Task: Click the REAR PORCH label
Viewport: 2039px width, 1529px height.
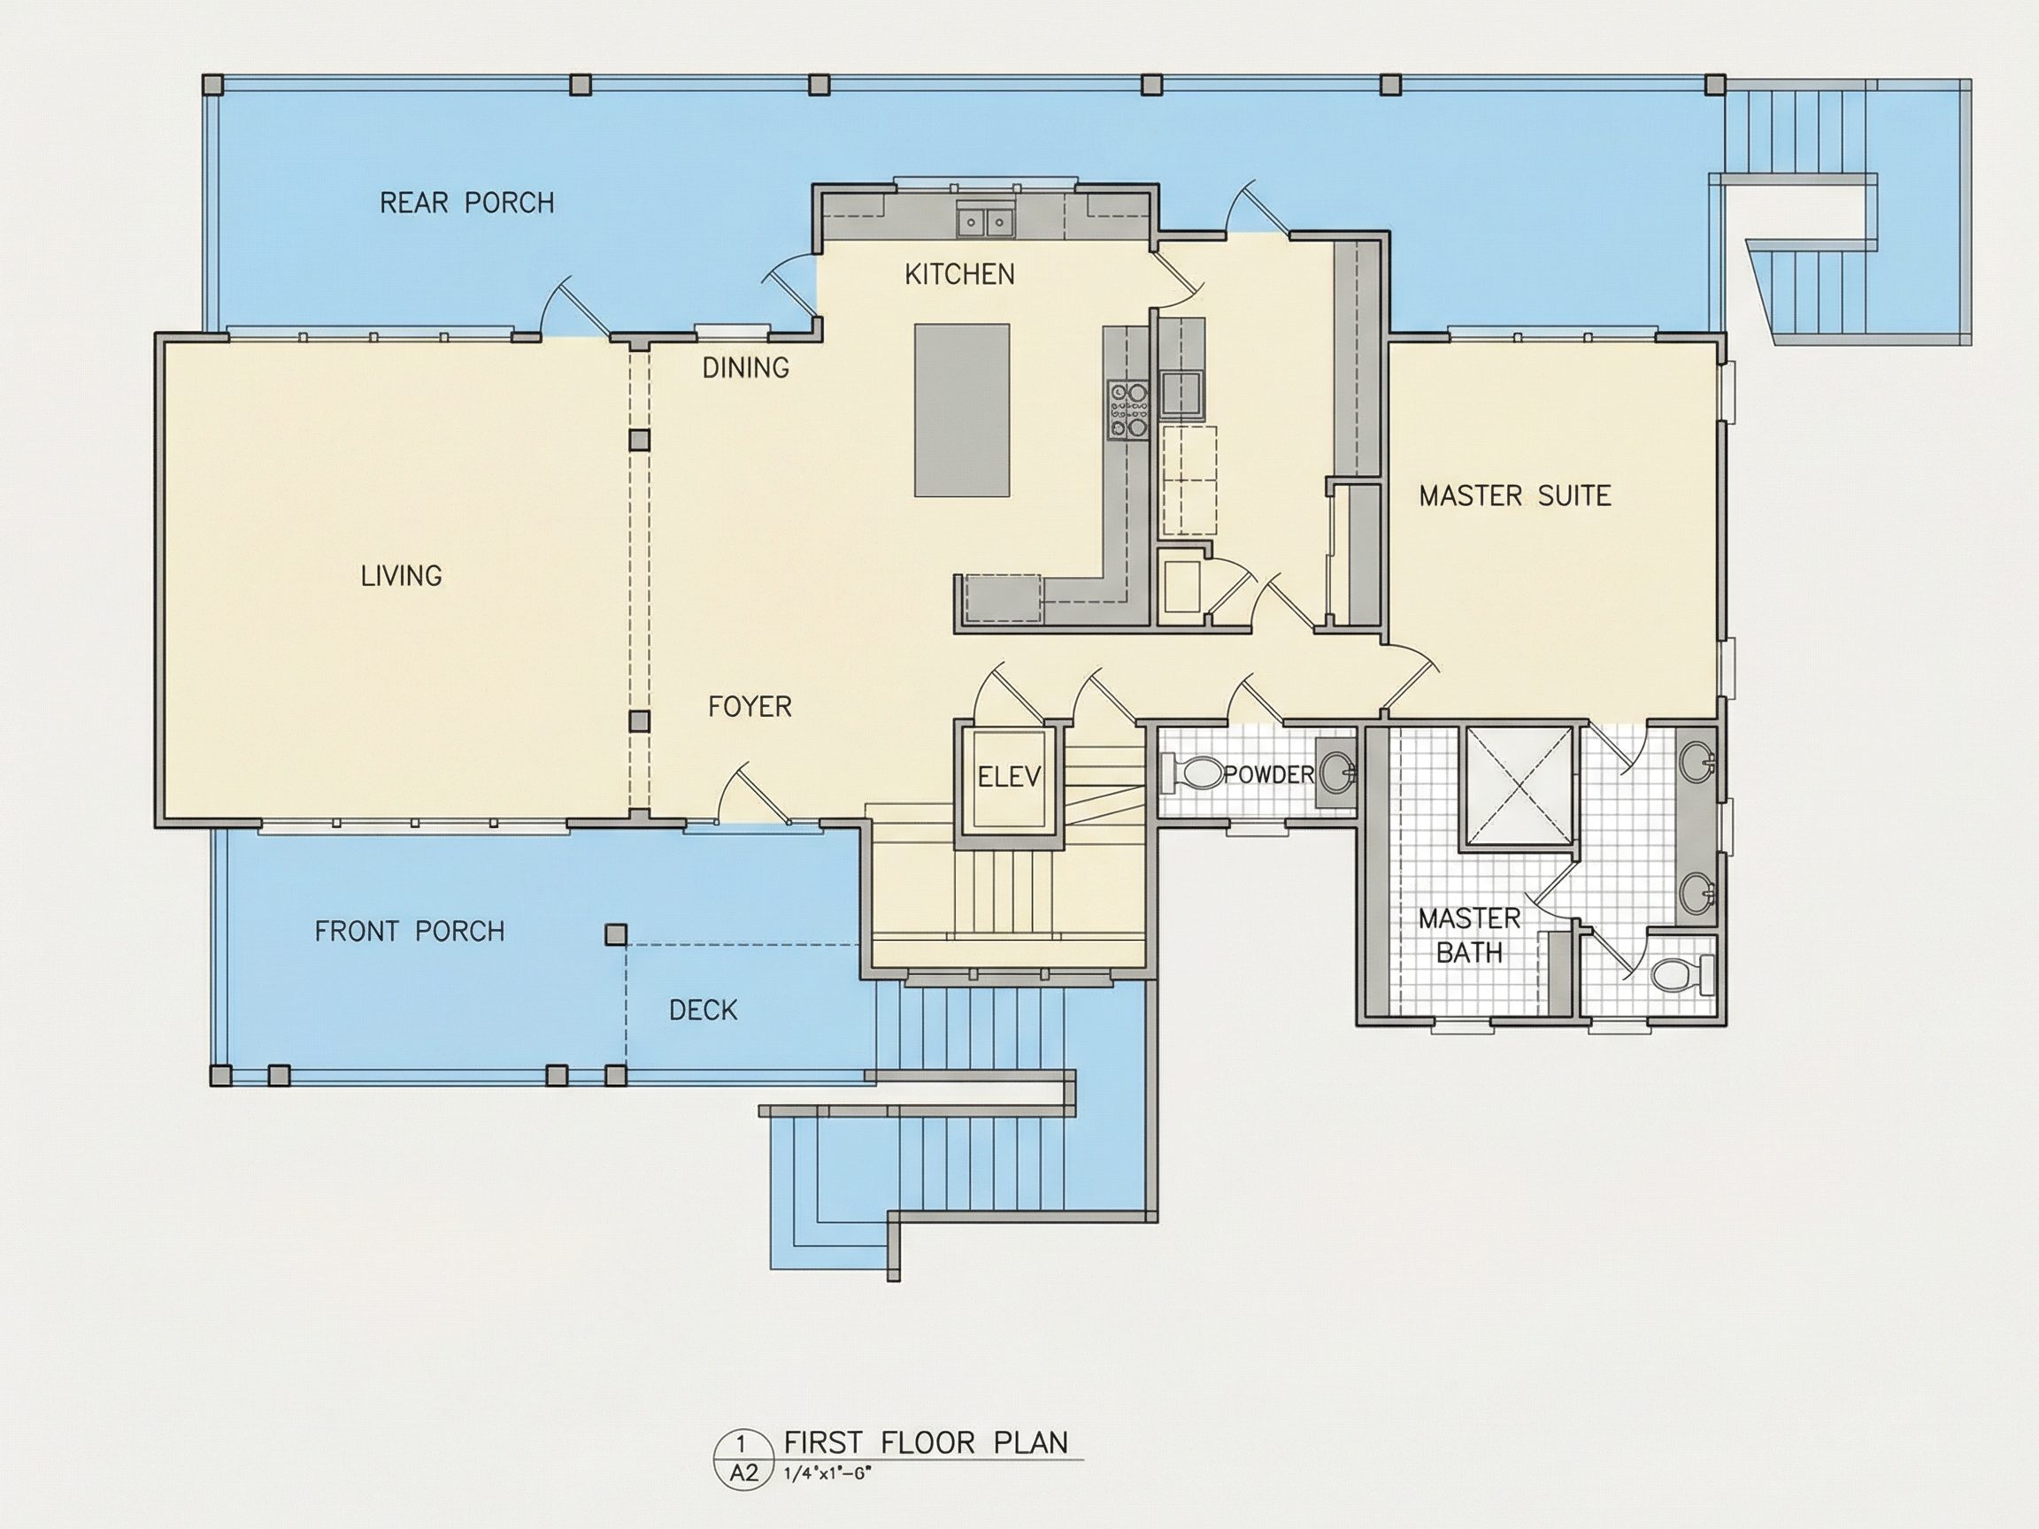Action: click(467, 203)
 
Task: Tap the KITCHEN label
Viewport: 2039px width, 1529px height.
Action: click(959, 273)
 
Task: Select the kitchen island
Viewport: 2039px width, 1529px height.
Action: click(961, 411)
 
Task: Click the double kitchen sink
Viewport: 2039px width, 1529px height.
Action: click(984, 222)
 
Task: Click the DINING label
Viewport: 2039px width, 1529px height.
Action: click(746, 368)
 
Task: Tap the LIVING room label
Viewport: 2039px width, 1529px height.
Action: click(401, 576)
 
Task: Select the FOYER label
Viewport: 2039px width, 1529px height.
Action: click(750, 707)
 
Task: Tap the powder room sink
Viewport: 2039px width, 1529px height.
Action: click(1337, 771)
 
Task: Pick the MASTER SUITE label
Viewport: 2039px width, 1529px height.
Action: click(1514, 496)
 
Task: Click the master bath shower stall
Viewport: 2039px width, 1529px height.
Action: click(1520, 785)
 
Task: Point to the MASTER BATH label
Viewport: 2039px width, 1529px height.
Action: click(1469, 934)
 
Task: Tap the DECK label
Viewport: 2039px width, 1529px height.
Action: click(704, 1010)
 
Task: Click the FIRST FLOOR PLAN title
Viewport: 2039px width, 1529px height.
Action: click(926, 1441)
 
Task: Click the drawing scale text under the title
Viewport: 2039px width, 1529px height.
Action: click(827, 1472)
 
